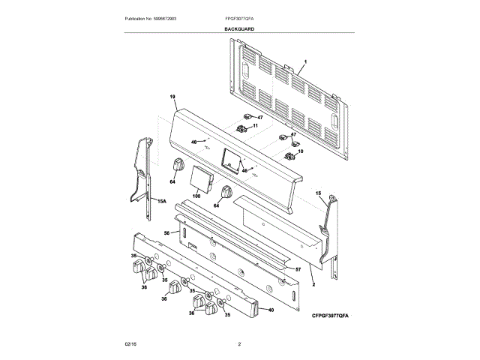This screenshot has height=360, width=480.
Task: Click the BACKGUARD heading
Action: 239,28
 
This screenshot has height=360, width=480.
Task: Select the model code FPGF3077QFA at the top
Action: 239,17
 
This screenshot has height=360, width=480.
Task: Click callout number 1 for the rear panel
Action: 306,61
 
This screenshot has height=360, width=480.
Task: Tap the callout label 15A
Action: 160,201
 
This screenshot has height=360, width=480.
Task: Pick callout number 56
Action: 167,233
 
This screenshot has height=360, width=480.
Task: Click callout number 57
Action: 297,268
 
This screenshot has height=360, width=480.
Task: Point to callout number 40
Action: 270,310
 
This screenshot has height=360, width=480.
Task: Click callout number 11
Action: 254,127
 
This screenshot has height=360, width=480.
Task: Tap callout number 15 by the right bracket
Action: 317,193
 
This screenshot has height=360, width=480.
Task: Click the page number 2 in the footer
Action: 239,343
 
